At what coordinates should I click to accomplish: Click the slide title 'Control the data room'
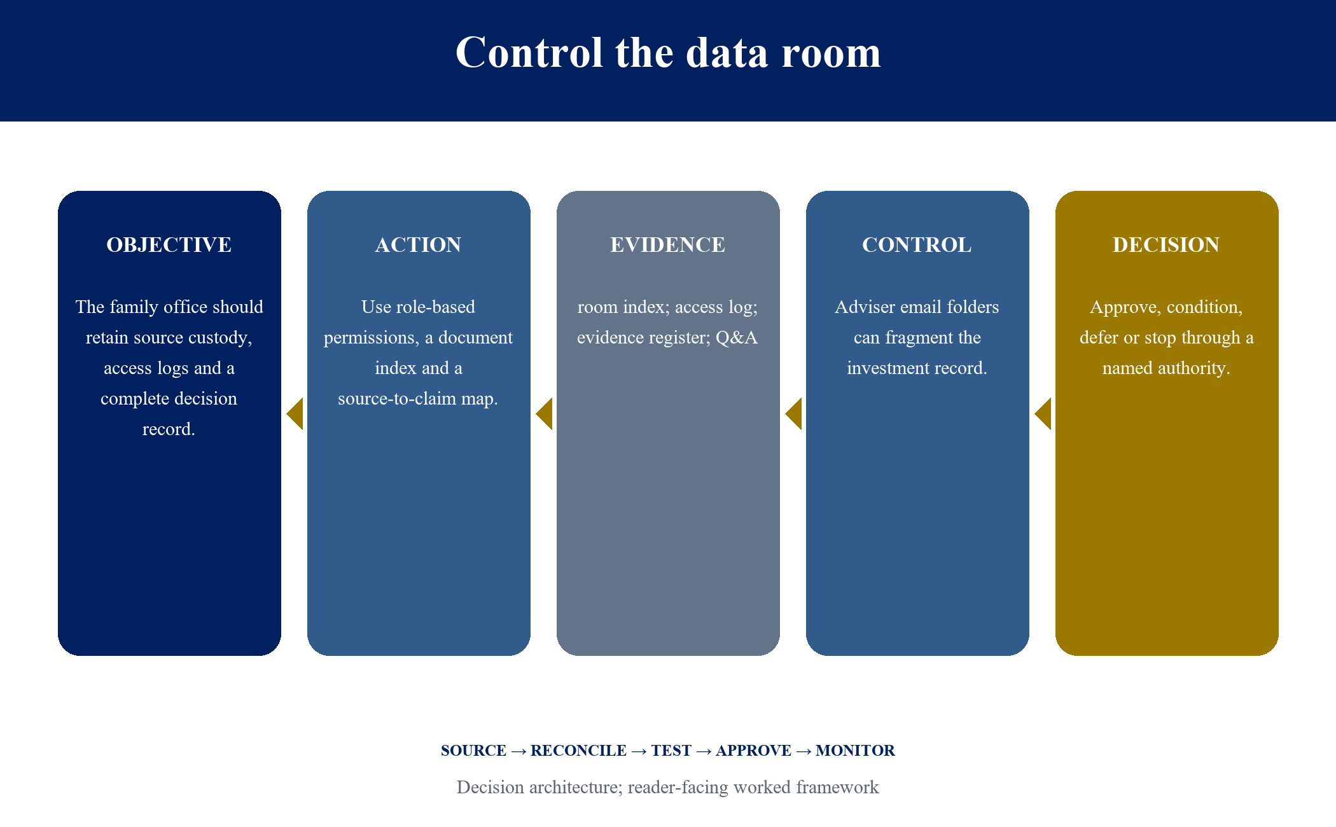(668, 52)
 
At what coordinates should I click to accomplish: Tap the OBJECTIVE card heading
(169, 245)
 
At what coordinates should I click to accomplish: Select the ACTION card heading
(418, 245)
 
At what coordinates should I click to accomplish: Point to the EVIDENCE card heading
(667, 245)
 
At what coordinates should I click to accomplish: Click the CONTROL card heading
(917, 245)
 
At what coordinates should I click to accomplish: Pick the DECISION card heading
(1166, 245)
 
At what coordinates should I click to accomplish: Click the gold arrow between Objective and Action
(295, 414)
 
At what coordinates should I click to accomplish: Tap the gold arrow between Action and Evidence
(545, 414)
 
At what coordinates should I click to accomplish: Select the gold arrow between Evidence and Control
(794, 414)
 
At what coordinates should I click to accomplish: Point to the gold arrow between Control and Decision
(1043, 414)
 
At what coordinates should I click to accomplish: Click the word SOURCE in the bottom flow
(473, 751)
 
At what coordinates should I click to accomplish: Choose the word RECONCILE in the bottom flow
(578, 751)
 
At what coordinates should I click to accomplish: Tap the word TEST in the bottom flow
(671, 751)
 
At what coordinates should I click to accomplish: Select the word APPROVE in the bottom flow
(753, 751)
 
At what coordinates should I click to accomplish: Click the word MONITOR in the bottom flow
(855, 751)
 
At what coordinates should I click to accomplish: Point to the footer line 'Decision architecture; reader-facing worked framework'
(668, 788)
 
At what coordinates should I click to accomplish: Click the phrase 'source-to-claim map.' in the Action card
(418, 399)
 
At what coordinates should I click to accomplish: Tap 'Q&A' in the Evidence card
(737, 338)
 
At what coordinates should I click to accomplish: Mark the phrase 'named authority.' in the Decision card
(1166, 369)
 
